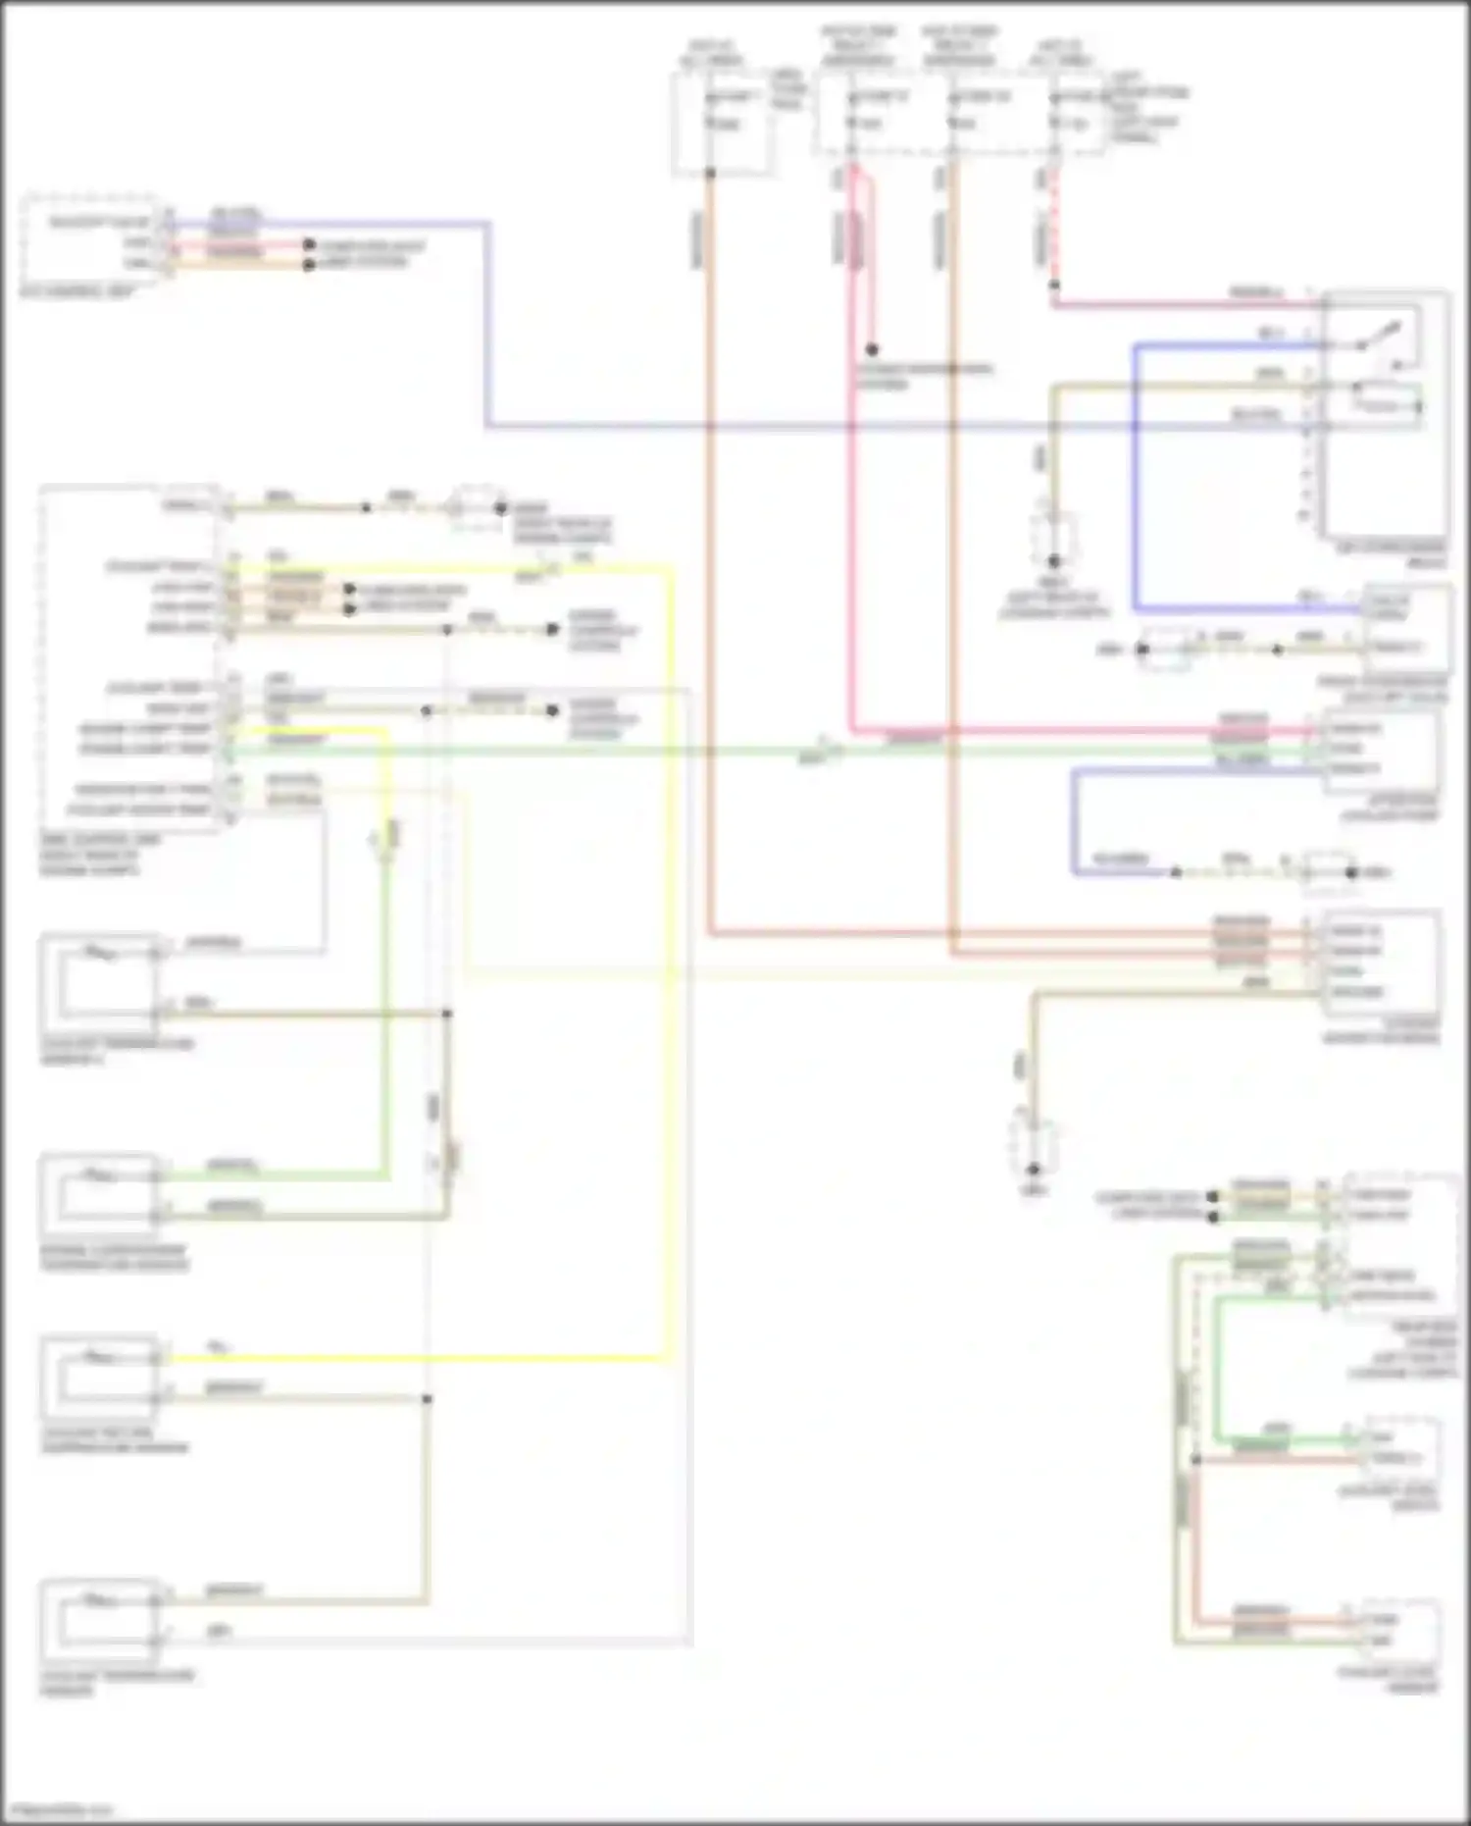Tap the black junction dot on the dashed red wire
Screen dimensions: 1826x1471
[x=1054, y=286]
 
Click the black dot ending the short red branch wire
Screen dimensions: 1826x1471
[x=871, y=349]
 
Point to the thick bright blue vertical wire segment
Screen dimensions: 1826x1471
[x=1135, y=481]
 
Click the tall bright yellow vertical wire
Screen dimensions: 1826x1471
[x=671, y=962]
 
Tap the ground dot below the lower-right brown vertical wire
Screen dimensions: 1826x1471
[x=1033, y=1170]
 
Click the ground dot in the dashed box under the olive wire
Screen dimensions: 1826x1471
[x=1053, y=561]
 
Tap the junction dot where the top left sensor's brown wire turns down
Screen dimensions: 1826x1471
[x=447, y=1014]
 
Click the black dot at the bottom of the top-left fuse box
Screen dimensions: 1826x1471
[x=710, y=173]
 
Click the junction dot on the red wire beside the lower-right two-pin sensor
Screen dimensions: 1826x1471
[x=1195, y=1460]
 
